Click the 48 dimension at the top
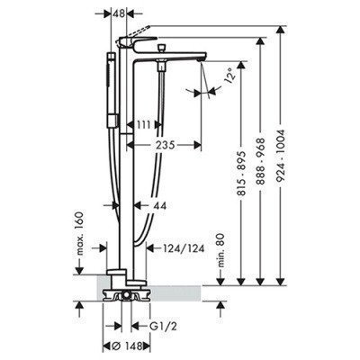(x=119, y=13)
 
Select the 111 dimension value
(x=142, y=124)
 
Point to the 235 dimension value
(x=166, y=145)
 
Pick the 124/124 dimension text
(x=183, y=248)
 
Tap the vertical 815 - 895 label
(x=241, y=174)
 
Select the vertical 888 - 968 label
(x=261, y=160)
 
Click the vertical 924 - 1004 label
(x=281, y=156)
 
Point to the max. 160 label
(x=78, y=233)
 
